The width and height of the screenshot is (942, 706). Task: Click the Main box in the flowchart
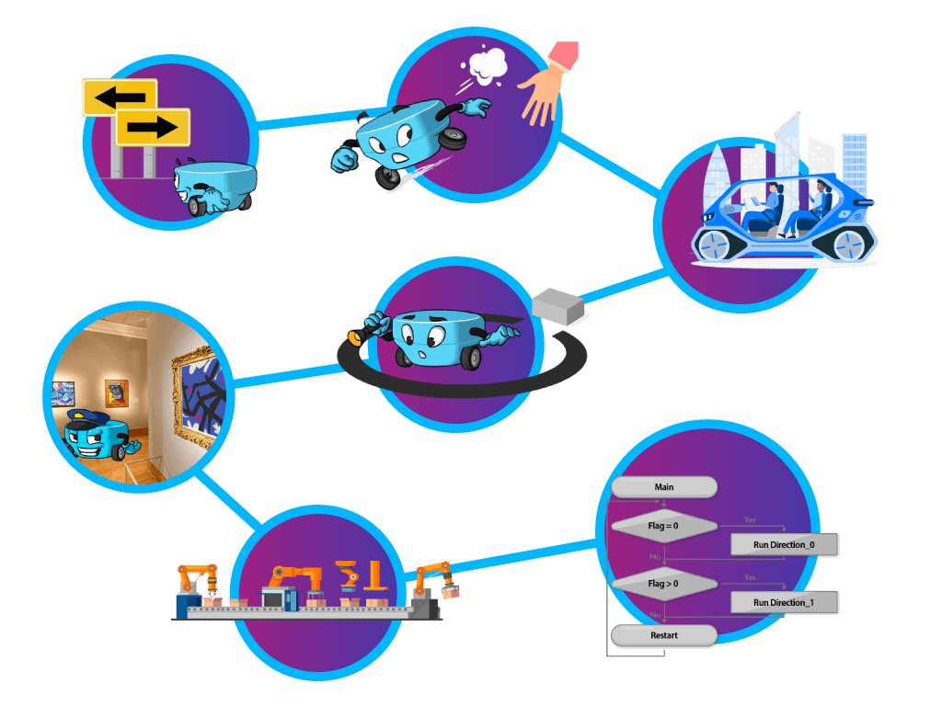[663, 487]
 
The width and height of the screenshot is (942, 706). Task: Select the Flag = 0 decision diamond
[663, 526]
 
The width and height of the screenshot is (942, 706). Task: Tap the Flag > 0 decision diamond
[663, 583]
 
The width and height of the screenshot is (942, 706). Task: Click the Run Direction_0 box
[783, 545]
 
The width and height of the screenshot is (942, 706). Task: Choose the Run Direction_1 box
[783, 603]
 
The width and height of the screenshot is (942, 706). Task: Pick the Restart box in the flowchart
[663, 635]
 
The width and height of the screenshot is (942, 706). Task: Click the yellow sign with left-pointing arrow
[119, 97]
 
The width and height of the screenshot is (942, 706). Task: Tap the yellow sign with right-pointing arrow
[153, 127]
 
